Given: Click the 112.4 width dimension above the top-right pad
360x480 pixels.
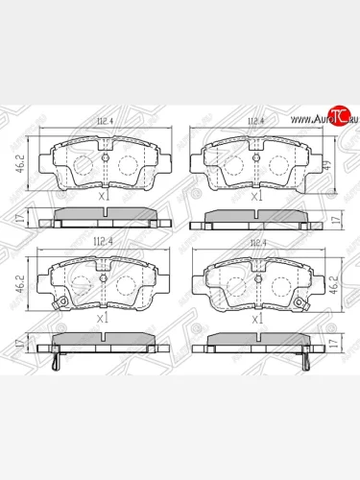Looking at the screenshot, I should tap(254, 122).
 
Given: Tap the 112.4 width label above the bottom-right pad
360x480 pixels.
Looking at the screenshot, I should tap(254, 243).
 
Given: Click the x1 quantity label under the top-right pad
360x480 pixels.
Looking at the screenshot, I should tap(256, 196).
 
